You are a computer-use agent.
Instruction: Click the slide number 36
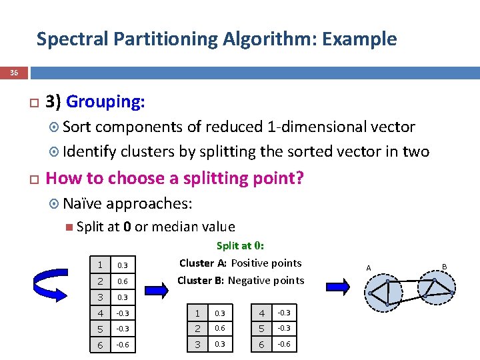(14, 72)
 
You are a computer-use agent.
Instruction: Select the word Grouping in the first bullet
(105, 101)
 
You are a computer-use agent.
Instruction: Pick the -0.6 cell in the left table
(123, 345)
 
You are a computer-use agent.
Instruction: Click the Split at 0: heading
(241, 245)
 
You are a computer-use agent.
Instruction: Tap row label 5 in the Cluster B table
(262, 329)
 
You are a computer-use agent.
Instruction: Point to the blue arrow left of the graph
(341, 287)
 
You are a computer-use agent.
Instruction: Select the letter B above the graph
(445, 266)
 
